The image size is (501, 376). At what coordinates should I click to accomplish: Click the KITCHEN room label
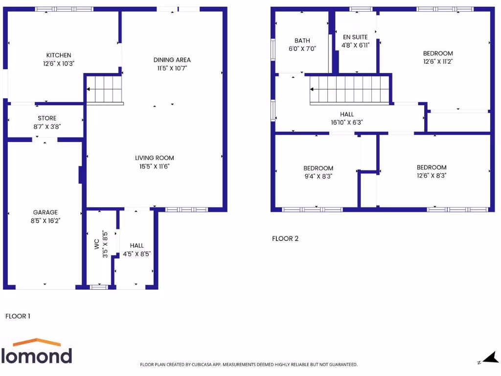tap(59, 55)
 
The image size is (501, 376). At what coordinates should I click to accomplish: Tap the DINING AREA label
tap(172, 60)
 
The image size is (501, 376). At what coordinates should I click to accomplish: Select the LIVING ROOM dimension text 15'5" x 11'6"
tap(155, 166)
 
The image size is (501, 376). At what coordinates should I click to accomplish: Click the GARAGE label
tap(45, 212)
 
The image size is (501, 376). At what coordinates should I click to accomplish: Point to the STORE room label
tap(47, 118)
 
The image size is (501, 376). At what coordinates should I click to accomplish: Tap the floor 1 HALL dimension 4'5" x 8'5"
tap(137, 254)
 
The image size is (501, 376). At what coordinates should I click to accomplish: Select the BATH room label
tap(302, 41)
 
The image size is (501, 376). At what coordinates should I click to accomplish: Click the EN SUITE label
tap(355, 37)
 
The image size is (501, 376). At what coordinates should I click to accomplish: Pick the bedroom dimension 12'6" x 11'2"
tap(438, 62)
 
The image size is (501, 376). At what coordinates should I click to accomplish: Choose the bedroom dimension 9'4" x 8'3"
tap(318, 176)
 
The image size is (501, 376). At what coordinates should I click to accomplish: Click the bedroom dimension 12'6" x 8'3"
tap(432, 175)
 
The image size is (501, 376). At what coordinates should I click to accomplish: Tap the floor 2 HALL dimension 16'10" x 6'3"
tap(347, 123)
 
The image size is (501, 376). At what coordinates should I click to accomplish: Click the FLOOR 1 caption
tap(18, 316)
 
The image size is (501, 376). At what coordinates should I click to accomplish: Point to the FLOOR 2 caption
tap(285, 239)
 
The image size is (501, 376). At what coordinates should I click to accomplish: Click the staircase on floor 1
tap(104, 89)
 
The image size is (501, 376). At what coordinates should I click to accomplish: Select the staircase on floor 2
tap(350, 89)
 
